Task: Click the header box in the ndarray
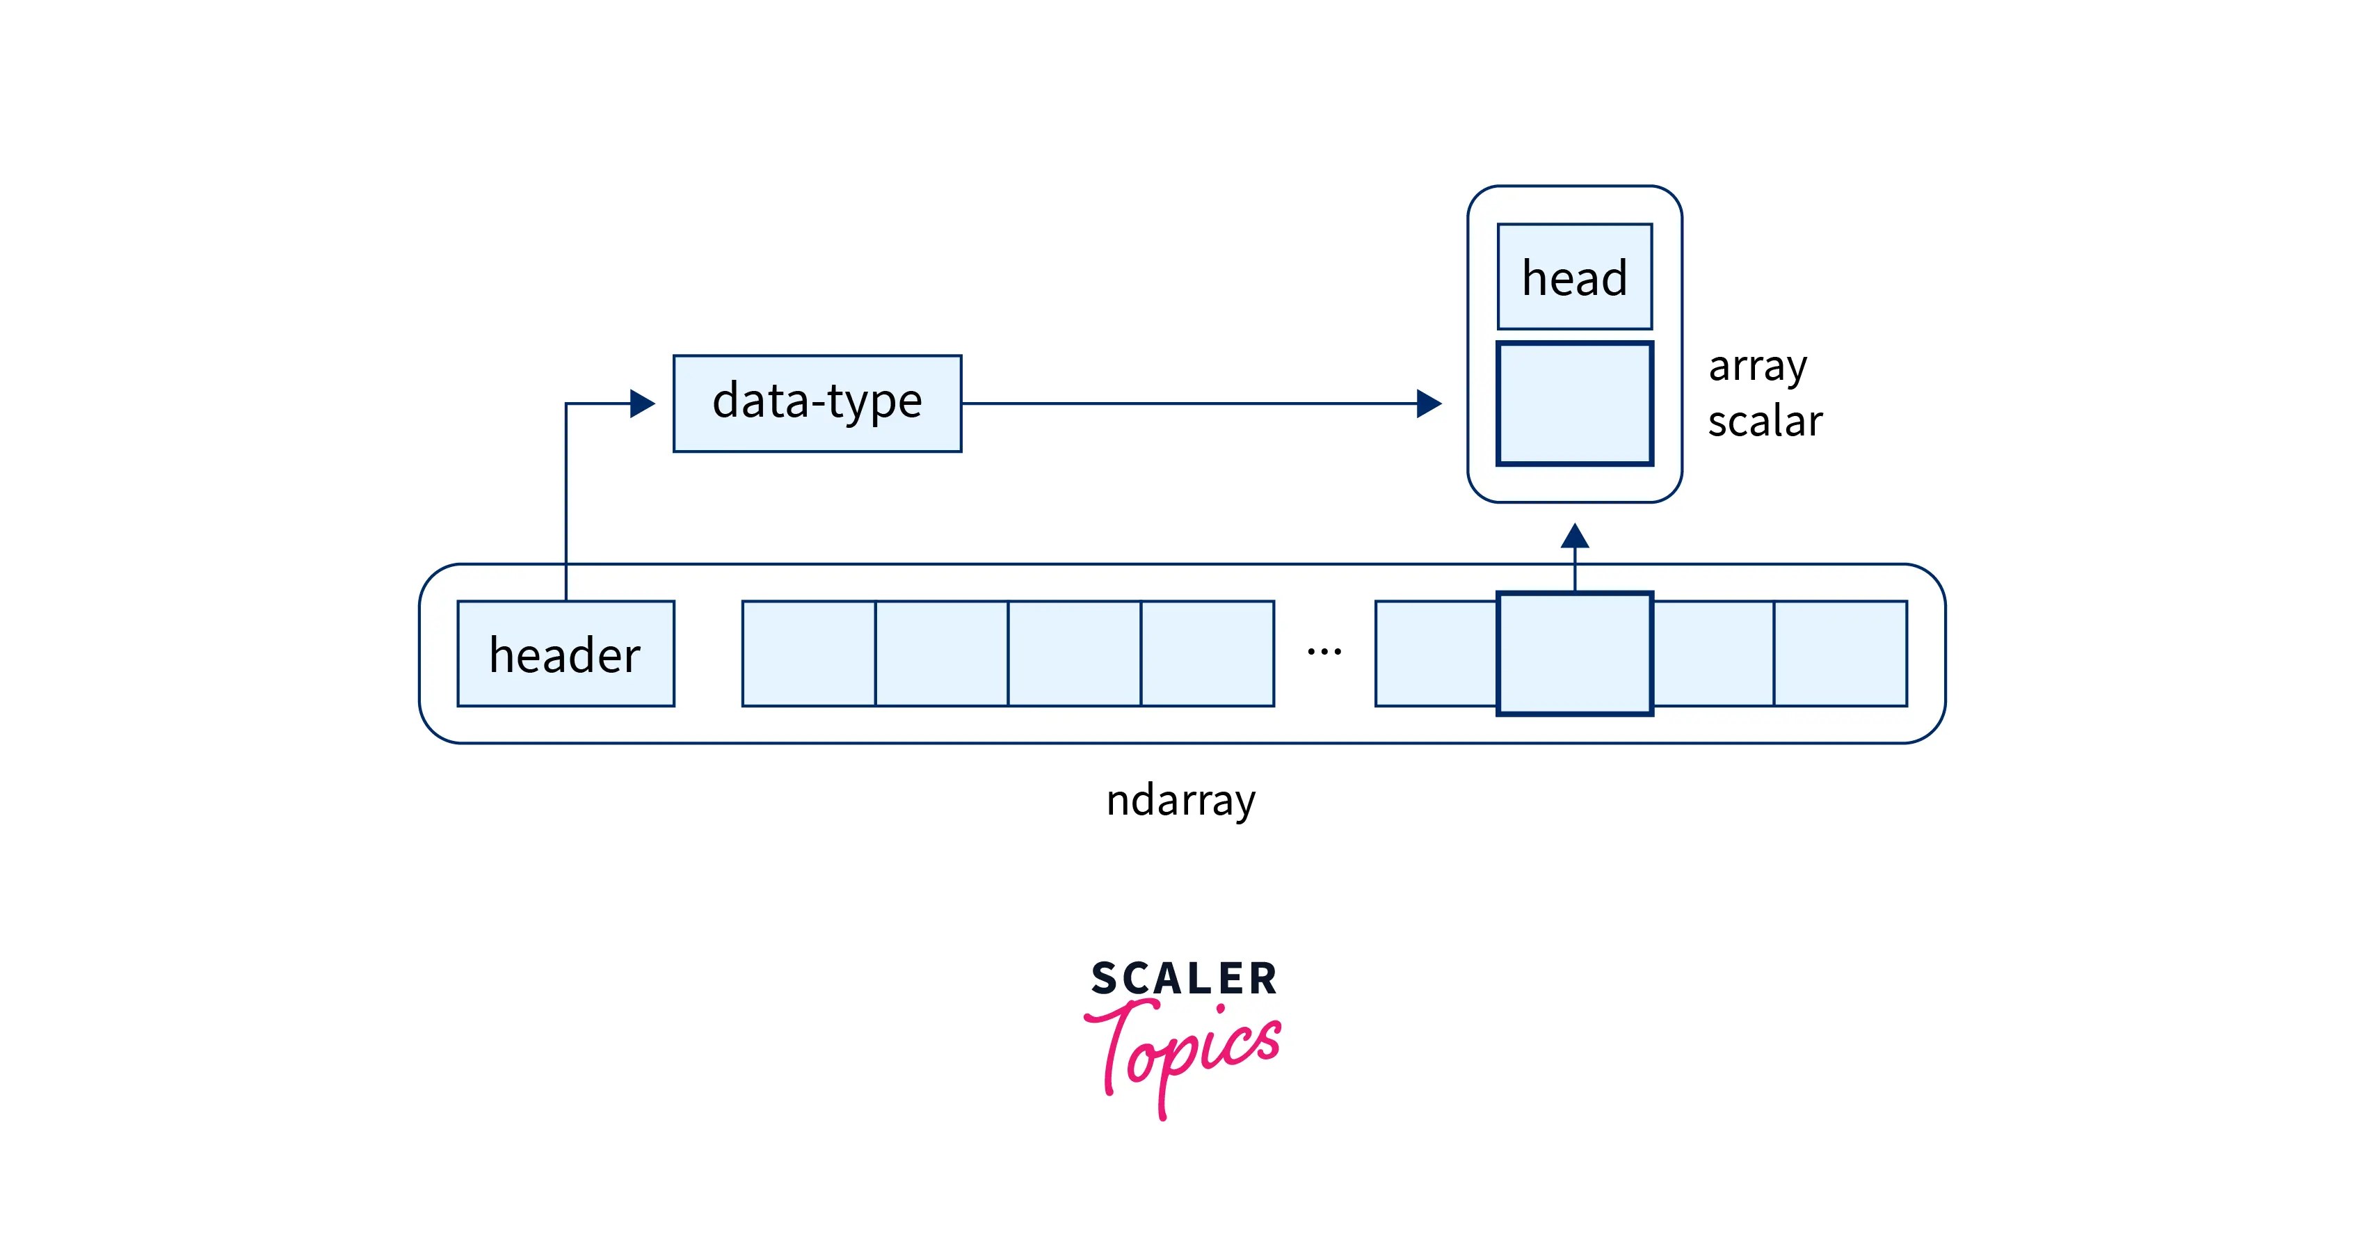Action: [x=566, y=654]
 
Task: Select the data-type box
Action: [x=817, y=403]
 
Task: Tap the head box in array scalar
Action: [x=1575, y=276]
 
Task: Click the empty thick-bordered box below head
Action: [x=1575, y=404]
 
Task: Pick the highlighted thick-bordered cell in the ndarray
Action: [x=1575, y=654]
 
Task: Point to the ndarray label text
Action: [x=1180, y=799]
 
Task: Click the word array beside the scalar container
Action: [x=1757, y=367]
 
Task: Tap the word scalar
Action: [x=1765, y=422]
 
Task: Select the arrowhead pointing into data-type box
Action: [x=643, y=403]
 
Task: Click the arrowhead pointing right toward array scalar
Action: [x=1429, y=403]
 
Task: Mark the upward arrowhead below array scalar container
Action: [x=1575, y=535]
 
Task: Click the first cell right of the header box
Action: [x=809, y=654]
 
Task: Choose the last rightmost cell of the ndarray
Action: [x=1840, y=654]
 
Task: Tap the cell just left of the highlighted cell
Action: [x=1436, y=654]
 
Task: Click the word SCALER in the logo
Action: [x=1185, y=979]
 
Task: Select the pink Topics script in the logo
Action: [x=1185, y=1052]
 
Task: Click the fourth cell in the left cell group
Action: [x=1208, y=654]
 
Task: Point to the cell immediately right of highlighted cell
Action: [x=1713, y=654]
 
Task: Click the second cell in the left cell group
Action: [x=942, y=654]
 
